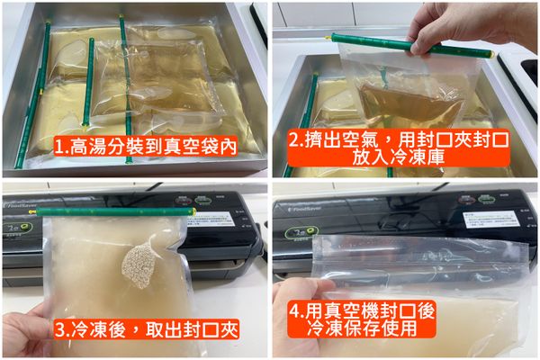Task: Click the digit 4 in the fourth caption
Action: pos(297,309)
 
